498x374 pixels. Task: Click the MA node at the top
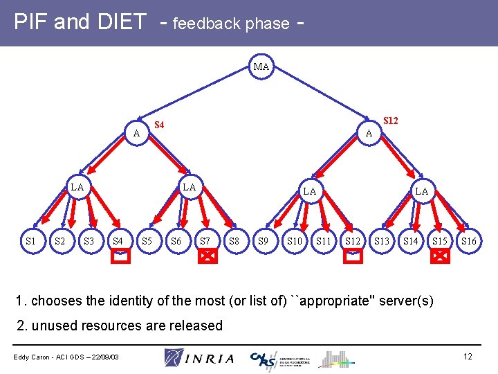[x=261, y=67]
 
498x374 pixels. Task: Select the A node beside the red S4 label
[x=137, y=133]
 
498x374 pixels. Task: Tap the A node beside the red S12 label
[x=369, y=133]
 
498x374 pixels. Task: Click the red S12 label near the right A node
[x=391, y=121]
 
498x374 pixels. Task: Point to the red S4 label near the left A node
[x=160, y=125]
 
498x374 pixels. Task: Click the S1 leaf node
[x=30, y=241]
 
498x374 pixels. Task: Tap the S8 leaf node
[x=234, y=241]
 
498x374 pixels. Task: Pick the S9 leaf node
[x=263, y=241]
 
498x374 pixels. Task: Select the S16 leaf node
[x=469, y=241]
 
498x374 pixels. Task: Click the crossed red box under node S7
[x=206, y=256]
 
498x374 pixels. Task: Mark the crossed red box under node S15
[x=439, y=256]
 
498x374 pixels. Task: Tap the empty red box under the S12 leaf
[x=353, y=256]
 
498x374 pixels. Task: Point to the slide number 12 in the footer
[x=468, y=356]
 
